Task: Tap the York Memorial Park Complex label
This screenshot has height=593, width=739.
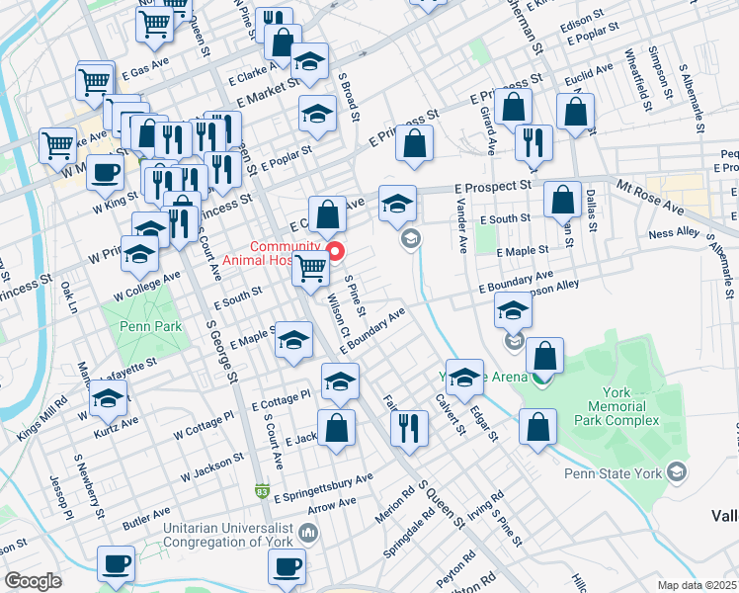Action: click(623, 406)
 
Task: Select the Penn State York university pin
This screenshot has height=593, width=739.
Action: click(677, 472)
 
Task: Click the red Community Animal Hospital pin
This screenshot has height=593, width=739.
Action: click(335, 251)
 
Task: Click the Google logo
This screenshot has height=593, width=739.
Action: click(33, 581)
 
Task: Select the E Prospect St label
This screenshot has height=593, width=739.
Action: click(493, 186)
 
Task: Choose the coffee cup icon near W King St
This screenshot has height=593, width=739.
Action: click(105, 172)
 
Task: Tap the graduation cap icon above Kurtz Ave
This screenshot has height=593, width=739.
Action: click(108, 398)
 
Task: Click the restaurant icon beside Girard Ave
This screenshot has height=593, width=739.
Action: click(534, 140)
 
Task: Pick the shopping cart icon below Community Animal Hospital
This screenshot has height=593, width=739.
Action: click(311, 266)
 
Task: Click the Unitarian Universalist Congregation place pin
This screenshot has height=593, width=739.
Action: click(308, 535)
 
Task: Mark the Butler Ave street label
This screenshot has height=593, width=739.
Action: click(146, 518)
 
